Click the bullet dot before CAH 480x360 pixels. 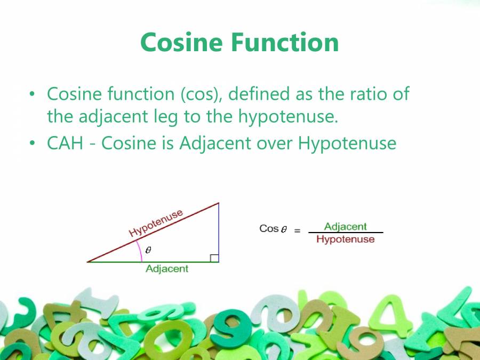33,143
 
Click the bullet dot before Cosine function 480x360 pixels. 33,94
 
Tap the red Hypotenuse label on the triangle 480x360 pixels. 156,223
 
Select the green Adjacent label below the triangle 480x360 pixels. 167,269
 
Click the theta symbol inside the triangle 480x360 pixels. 148,250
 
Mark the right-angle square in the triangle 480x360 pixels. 214,258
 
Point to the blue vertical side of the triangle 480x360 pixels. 219,229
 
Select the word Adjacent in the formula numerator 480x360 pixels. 346,227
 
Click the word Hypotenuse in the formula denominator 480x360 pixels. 346,239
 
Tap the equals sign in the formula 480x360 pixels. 298,231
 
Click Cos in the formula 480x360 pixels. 269,229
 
